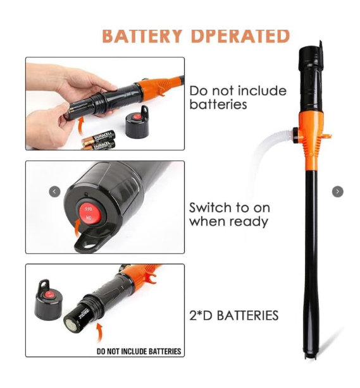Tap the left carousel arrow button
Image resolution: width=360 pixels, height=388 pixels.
(55, 191)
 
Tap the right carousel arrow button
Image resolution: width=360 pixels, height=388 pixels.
(338, 191)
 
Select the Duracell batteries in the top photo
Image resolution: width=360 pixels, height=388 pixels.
(98, 140)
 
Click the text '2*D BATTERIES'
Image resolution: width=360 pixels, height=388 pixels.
(234, 315)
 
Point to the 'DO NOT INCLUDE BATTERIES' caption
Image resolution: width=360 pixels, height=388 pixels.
(139, 351)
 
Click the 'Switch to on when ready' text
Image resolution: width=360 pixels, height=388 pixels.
(229, 214)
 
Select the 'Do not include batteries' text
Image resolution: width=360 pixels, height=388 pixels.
(237, 97)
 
